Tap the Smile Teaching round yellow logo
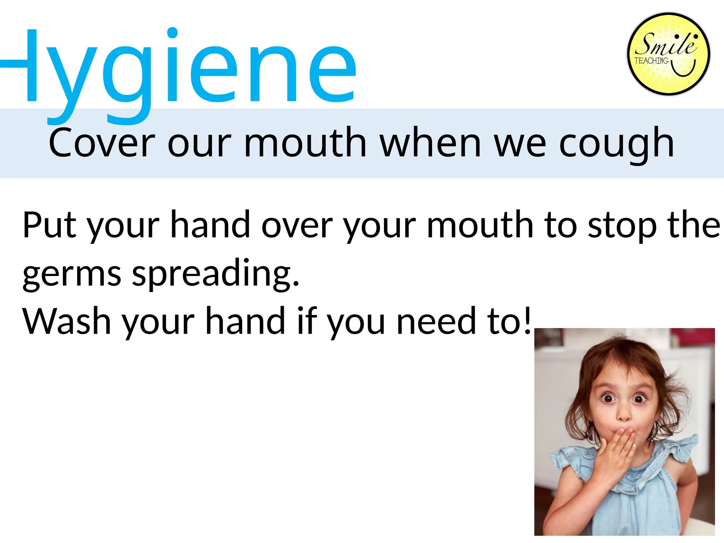(668, 54)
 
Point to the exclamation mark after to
(527, 320)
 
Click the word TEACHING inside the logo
(651, 61)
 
